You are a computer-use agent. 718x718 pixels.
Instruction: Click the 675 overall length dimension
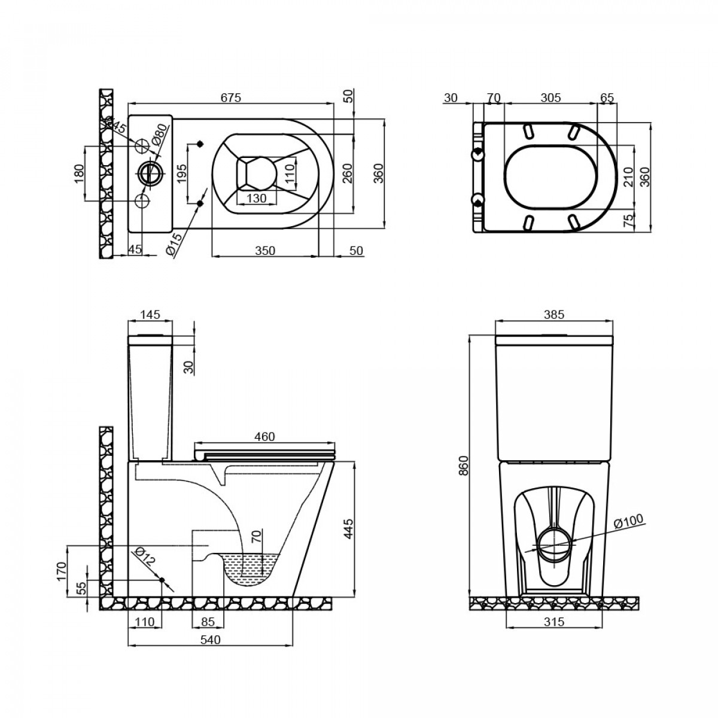click(231, 98)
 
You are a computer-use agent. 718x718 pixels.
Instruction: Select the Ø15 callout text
click(174, 244)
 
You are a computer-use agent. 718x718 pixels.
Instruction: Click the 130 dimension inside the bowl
click(256, 198)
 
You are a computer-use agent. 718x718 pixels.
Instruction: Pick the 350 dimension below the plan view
click(265, 251)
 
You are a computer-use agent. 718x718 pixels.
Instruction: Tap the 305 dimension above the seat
click(550, 98)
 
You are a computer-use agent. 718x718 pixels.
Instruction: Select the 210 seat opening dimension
click(628, 177)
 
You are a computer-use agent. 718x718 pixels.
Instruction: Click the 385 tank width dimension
click(553, 315)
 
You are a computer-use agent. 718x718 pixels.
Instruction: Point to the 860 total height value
click(463, 466)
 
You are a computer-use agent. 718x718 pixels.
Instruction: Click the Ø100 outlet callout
click(629, 521)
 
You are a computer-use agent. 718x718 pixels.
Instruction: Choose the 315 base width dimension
click(553, 622)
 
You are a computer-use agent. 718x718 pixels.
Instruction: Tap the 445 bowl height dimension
click(348, 528)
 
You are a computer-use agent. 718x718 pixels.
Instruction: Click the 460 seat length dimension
click(264, 436)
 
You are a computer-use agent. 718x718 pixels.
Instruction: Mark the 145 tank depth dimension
click(151, 315)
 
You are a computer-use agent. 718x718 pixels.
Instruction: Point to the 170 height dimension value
click(62, 571)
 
